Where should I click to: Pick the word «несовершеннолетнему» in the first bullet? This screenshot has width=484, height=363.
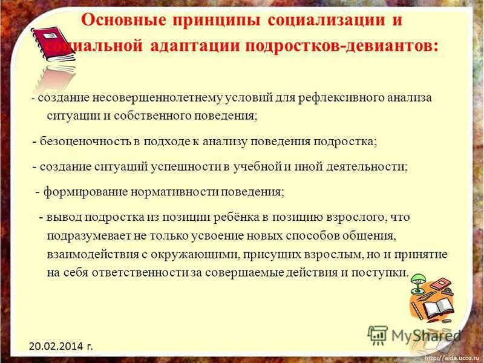coord(160,98)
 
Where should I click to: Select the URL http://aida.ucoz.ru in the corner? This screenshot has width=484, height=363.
coord(451,358)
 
